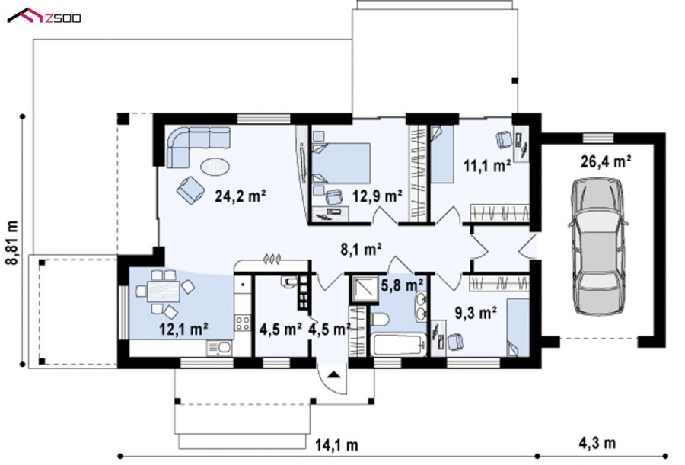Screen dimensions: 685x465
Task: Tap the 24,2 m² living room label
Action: click(241, 196)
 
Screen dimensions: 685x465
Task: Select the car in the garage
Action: click(598, 246)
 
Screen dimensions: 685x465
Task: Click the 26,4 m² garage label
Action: click(606, 161)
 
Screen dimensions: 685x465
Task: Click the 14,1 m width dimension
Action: click(337, 445)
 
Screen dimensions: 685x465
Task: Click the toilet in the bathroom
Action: click(380, 320)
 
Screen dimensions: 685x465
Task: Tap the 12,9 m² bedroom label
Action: click(378, 196)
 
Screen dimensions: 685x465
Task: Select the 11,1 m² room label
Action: click(486, 166)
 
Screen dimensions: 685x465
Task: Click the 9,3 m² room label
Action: click(475, 313)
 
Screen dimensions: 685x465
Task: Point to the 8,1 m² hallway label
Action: click(362, 249)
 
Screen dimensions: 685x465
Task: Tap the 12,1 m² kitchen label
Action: click(183, 329)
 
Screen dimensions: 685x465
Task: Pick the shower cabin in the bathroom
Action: click(365, 289)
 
